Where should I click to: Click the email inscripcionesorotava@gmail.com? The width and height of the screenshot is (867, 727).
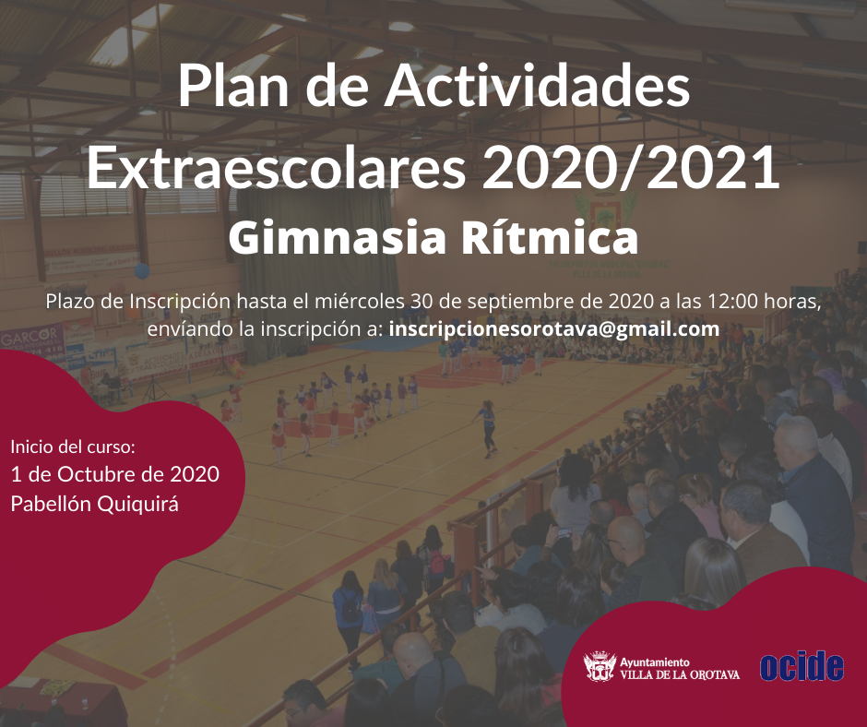click(x=554, y=329)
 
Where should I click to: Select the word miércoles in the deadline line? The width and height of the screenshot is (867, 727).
click(x=360, y=302)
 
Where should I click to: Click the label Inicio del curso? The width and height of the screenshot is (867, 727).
click(x=73, y=447)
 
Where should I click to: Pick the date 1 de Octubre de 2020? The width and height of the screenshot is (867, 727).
click(x=115, y=474)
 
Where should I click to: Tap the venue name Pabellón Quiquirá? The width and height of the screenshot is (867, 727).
click(x=95, y=504)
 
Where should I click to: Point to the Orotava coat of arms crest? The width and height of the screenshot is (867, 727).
click(x=600, y=666)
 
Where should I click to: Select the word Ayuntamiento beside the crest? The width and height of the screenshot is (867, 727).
click(x=655, y=662)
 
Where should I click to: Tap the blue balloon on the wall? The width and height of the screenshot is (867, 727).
click(x=142, y=270)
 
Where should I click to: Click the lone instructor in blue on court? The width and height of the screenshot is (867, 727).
click(x=488, y=429)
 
